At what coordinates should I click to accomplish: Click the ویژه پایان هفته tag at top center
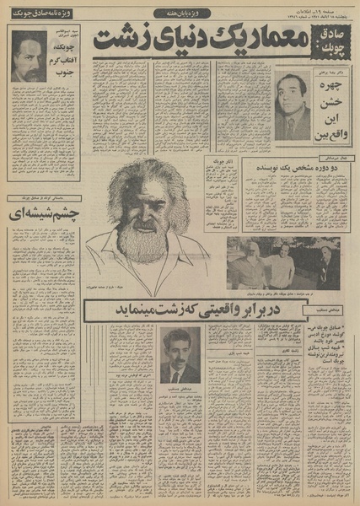pos(180,15)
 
